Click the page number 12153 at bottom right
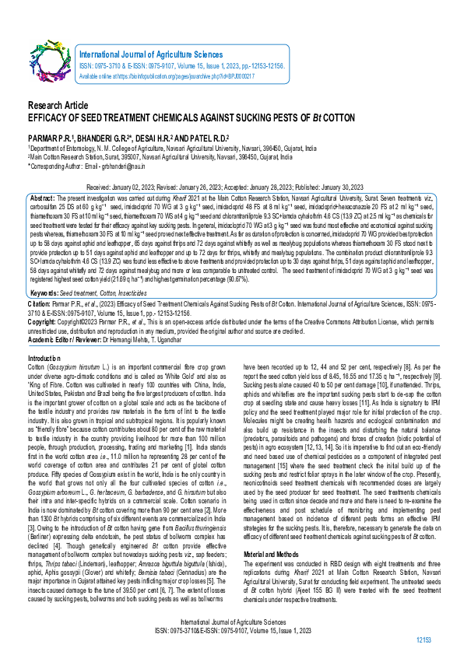pyautogui.click(x=424, y=639)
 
